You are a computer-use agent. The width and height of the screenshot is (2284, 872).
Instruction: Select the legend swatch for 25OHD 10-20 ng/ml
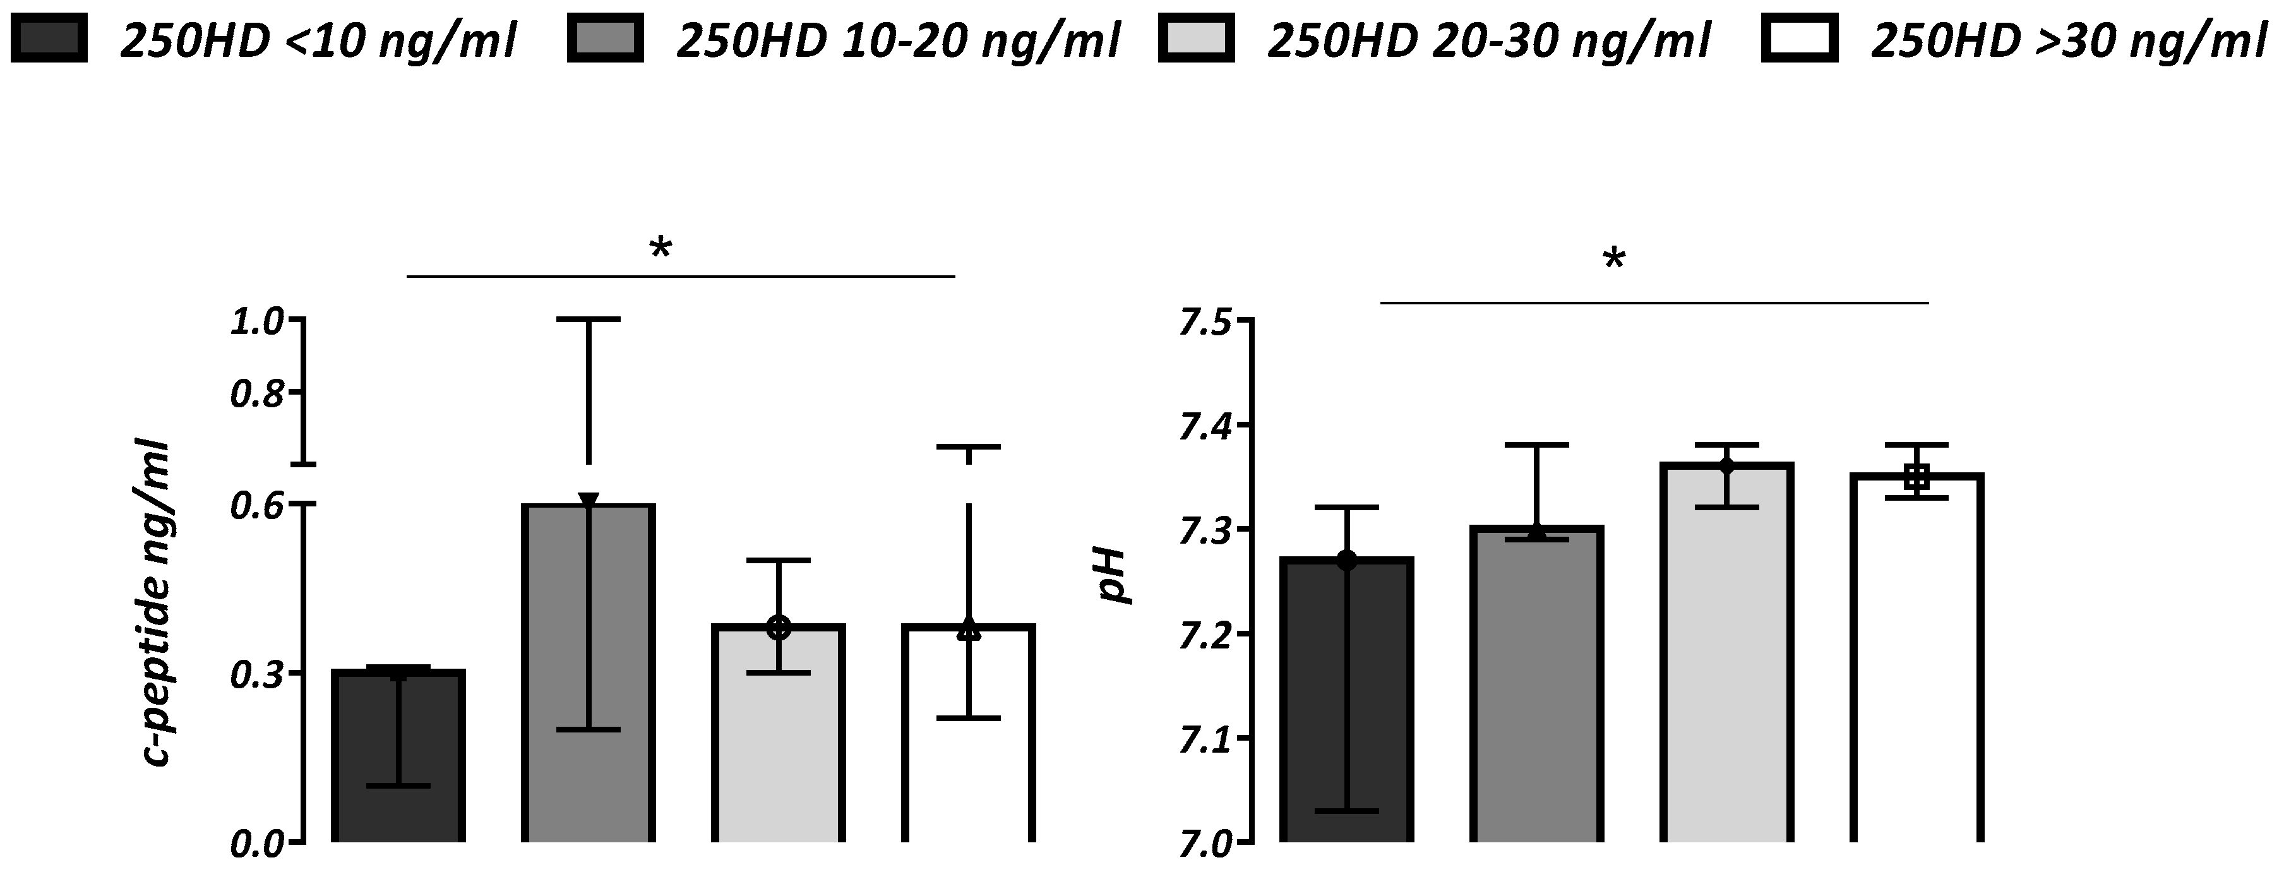pos(606,38)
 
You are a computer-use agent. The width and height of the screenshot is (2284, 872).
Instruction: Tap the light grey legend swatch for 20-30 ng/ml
pos(1196,38)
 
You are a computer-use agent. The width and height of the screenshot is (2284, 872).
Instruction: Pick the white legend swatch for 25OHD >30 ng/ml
pos(1800,38)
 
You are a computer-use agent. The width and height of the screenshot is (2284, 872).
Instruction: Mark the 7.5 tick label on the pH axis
pos(1204,321)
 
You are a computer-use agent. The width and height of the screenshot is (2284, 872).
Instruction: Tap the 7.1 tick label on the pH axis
pos(1204,738)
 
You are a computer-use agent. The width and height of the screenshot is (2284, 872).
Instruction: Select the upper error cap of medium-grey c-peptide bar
pos(588,319)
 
